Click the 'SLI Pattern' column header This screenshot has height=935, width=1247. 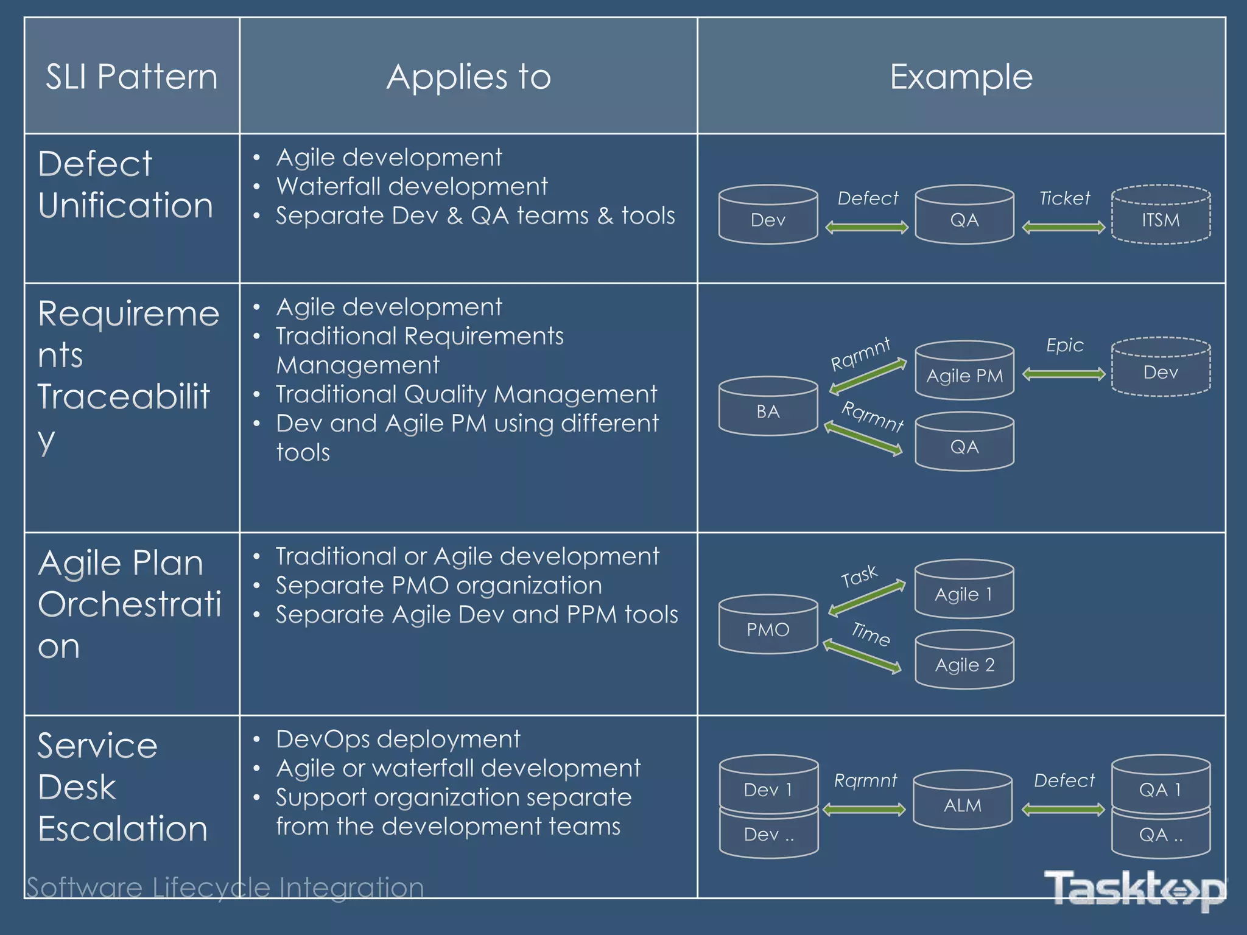click(132, 77)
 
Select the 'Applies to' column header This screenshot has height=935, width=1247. click(468, 77)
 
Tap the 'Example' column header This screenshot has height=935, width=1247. click(961, 77)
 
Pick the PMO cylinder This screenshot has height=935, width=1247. click(768, 626)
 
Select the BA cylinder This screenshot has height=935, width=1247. click(768, 408)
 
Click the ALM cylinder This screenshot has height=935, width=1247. click(963, 802)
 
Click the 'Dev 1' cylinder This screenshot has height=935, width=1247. click(768, 787)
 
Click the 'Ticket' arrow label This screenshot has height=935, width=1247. click(1064, 198)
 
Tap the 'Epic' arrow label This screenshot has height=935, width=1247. click(1064, 345)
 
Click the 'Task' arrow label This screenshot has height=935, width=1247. click(859, 576)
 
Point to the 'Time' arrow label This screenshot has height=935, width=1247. click(871, 634)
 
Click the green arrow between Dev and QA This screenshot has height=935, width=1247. click(866, 228)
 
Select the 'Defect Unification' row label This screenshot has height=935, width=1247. click(125, 184)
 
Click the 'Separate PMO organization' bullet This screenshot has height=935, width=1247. click(438, 586)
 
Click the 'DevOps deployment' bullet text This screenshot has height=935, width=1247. click(398, 739)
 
